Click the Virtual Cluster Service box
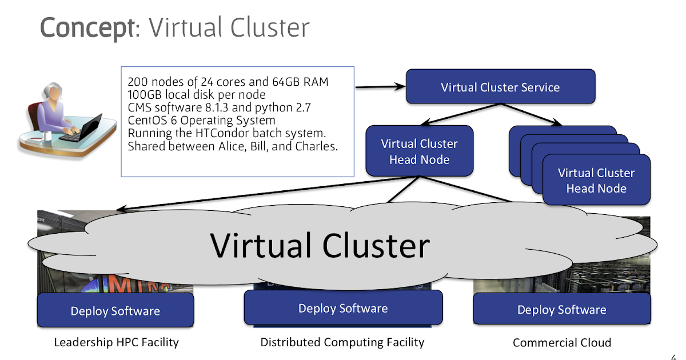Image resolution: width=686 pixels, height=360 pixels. tap(500, 87)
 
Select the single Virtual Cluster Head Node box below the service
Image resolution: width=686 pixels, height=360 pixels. tap(419, 151)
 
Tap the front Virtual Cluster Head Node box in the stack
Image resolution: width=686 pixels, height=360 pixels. tap(596, 181)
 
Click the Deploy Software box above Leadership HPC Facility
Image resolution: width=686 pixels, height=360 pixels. tap(115, 311)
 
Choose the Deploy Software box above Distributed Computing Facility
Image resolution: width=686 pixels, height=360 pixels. tap(343, 309)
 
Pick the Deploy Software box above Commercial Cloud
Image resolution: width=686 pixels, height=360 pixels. tap(561, 310)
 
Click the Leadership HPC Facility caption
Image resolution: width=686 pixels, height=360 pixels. tap(116, 342)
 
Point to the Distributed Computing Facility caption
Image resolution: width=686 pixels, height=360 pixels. tap(342, 342)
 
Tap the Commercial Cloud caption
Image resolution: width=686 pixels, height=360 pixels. tap(561, 343)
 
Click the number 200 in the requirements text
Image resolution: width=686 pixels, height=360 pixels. tap(138, 81)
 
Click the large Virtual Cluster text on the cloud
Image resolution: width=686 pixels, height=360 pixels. tap(320, 246)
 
